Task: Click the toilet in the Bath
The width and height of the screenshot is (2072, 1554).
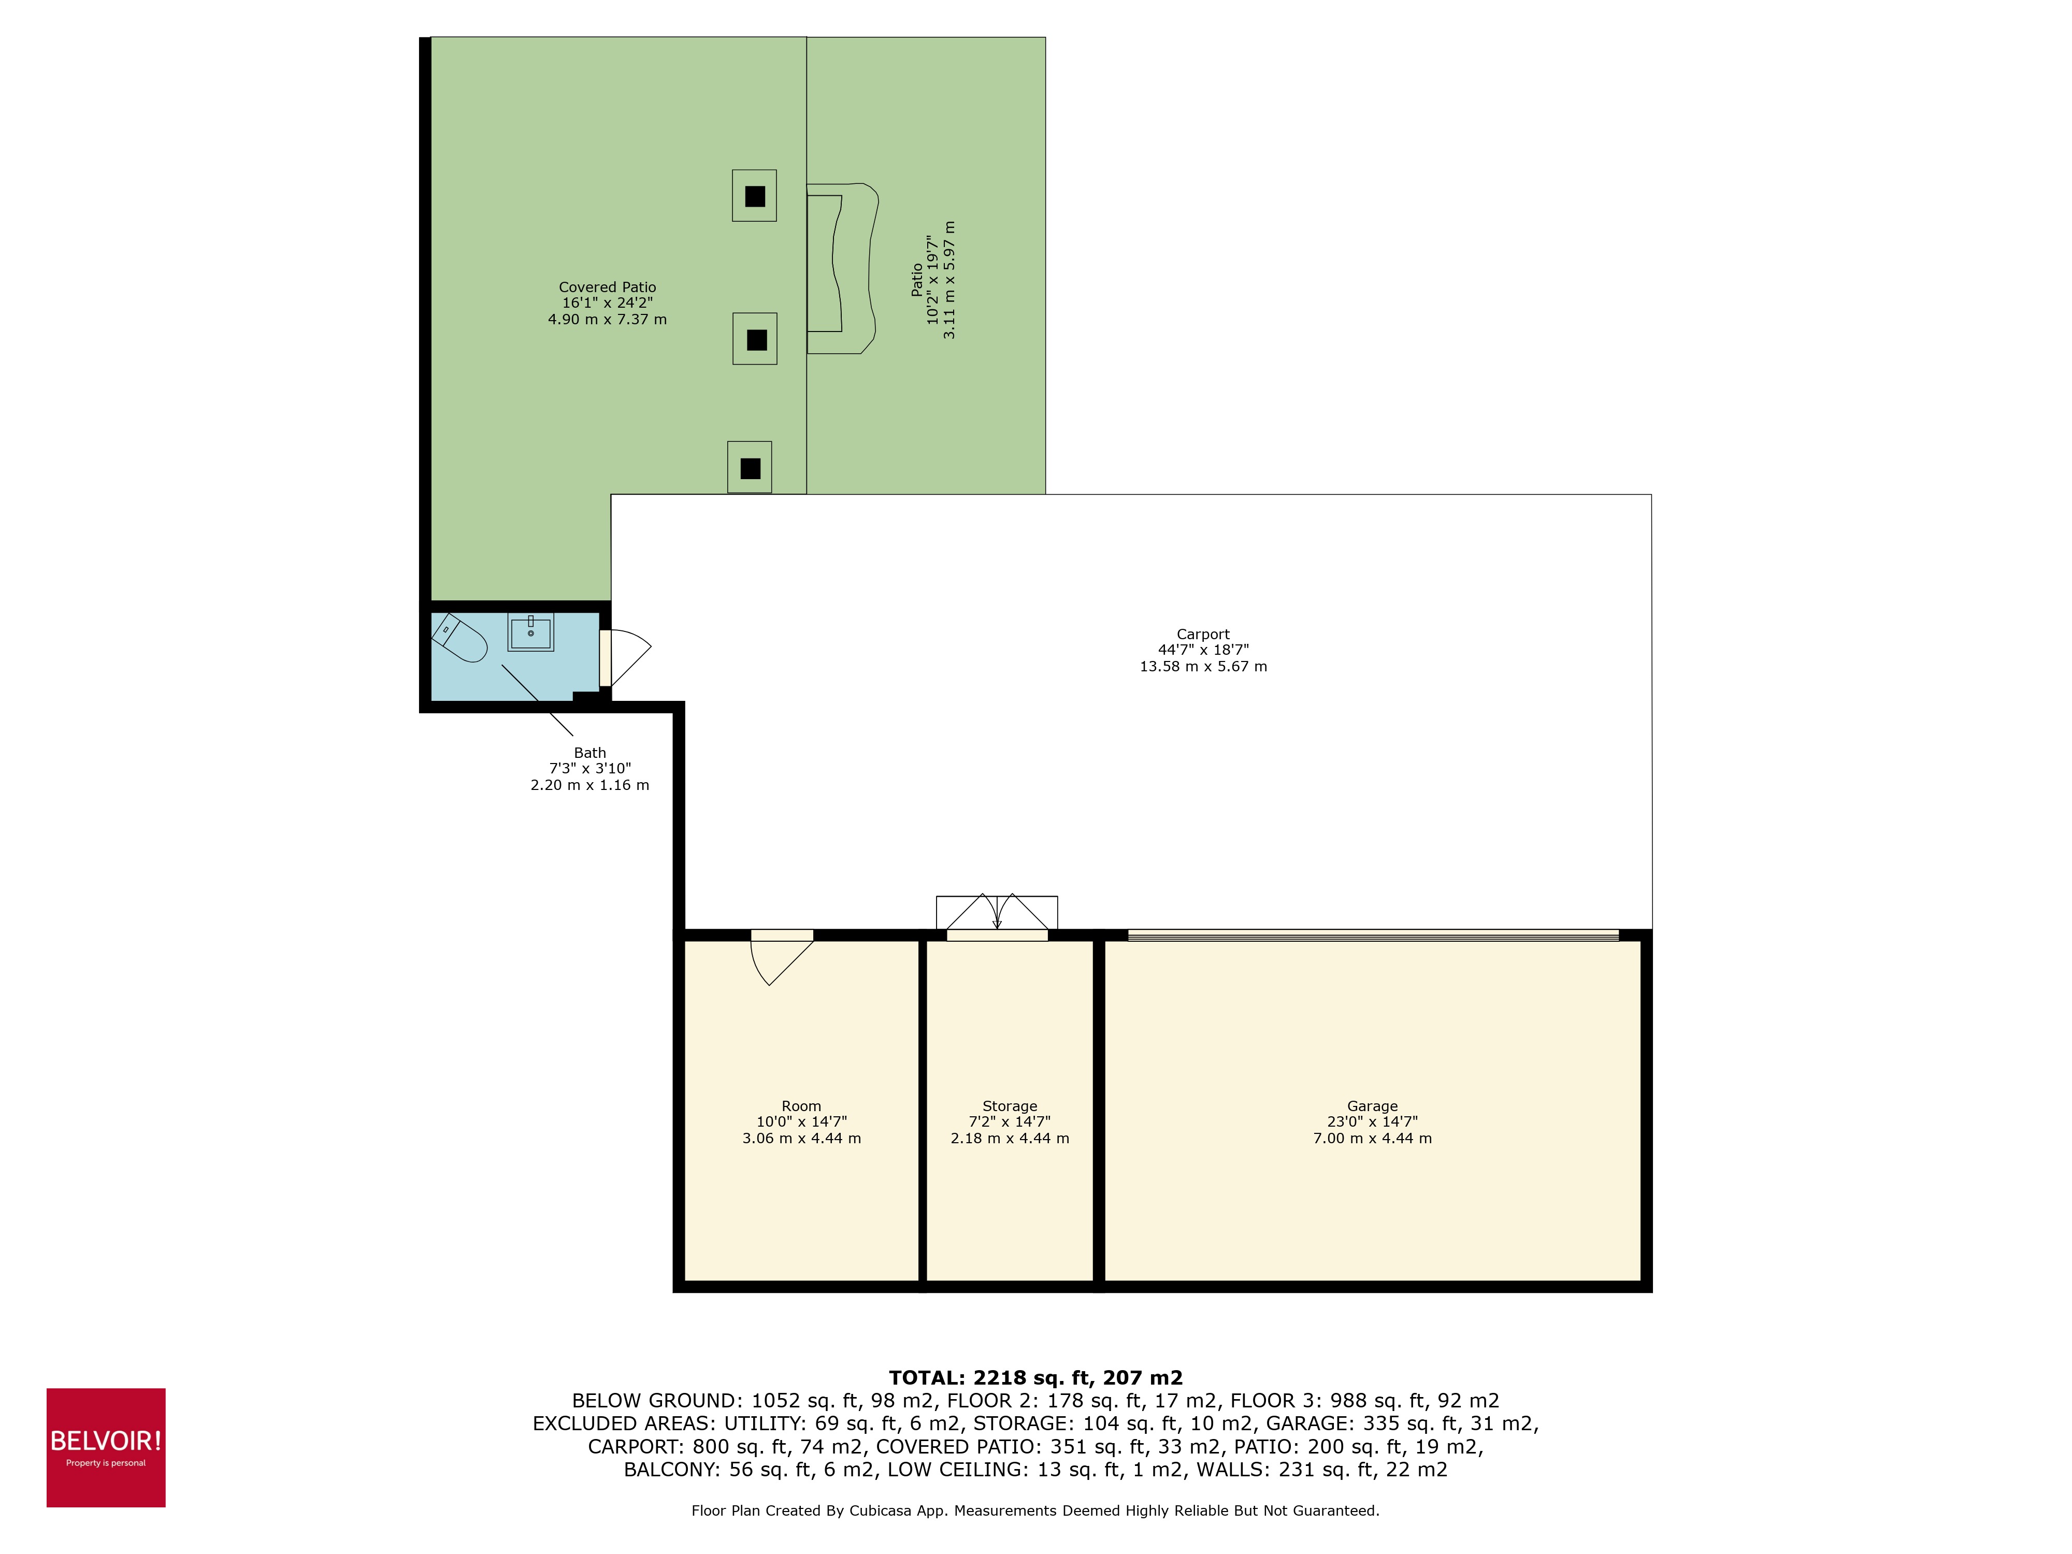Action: [461, 639]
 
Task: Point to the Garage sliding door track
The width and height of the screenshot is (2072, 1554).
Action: [1372, 935]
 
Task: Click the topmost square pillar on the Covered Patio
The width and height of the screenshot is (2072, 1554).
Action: [754, 196]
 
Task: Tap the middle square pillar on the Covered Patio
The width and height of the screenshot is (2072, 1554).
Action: [755, 339]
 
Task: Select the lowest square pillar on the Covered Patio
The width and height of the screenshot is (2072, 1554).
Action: [750, 467]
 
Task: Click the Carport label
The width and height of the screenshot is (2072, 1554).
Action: [1203, 634]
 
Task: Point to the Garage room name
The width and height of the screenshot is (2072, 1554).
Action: [1372, 1106]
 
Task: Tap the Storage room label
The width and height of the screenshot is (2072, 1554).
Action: [1010, 1106]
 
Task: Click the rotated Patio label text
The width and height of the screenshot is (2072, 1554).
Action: [917, 280]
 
